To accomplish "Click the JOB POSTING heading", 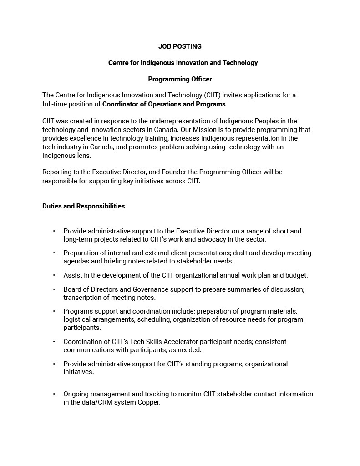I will (180, 46).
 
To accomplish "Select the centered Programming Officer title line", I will (180, 79).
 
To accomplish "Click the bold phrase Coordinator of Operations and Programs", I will (164, 104).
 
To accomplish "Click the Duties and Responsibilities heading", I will (83, 206).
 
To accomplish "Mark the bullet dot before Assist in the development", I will (54, 275).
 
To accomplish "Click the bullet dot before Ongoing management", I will (54, 394).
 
